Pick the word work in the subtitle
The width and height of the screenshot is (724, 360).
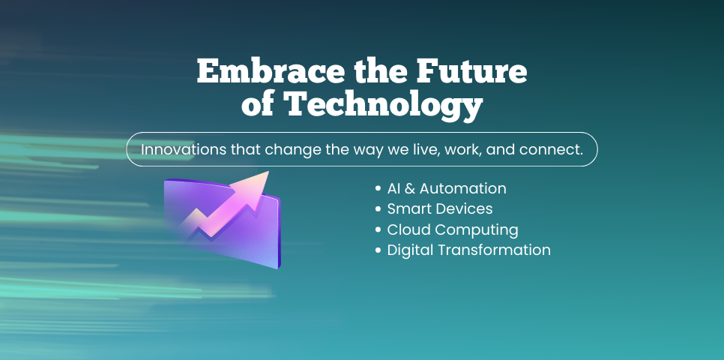(461, 149)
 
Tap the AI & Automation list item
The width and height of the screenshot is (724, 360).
(447, 188)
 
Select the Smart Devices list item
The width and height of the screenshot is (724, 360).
(439, 208)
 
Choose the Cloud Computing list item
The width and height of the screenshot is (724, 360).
(452, 229)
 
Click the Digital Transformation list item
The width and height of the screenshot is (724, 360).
(468, 250)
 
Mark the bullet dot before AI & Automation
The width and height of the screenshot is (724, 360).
(378, 189)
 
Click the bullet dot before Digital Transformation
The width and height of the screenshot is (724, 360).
(378, 250)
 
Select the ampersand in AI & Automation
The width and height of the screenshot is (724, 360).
(409, 188)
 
